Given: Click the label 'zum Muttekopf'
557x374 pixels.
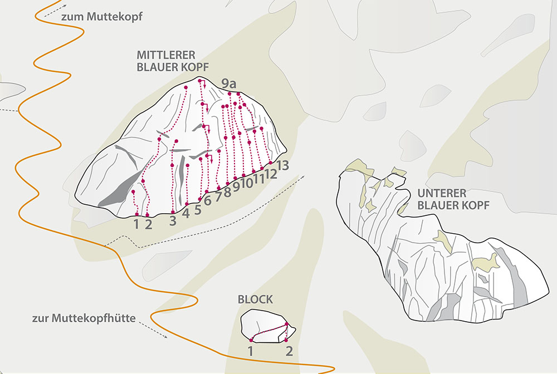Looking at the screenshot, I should pos(101,17).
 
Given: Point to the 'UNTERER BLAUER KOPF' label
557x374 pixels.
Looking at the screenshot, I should pos(453,199).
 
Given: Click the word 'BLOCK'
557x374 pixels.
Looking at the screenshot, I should pos(255,299).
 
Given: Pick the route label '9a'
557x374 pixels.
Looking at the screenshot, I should pos(229,84).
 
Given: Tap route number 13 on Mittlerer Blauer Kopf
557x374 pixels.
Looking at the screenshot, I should pos(283,165).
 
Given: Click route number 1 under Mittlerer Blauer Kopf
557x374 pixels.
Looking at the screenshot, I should pos(136,224).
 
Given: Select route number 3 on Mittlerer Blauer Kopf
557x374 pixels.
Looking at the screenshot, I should pos(173,220).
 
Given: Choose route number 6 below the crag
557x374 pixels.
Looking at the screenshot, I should pos(207,201).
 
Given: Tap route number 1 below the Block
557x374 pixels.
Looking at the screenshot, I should pos(251,351).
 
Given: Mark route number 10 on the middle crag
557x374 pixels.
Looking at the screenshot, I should pos(247,181).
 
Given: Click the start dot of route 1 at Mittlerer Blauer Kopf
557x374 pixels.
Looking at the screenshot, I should pos(137,214).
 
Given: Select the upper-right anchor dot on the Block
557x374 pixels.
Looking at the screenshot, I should pos(286,324).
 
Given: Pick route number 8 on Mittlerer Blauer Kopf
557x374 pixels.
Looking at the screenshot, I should pos(227,192).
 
